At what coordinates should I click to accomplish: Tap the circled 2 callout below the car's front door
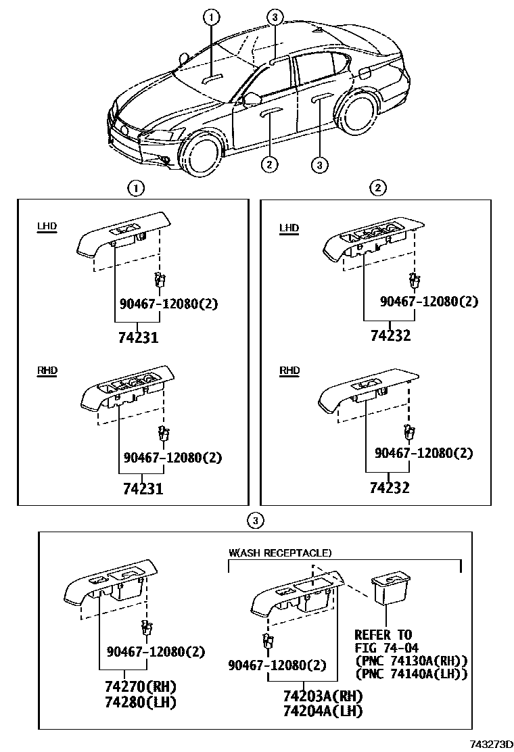coord(269,163)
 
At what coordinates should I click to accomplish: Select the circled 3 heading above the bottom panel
coord(254,520)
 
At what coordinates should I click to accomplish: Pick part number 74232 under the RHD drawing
coord(390,487)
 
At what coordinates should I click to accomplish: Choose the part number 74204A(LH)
coord(323,711)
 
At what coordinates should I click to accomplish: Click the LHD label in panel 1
coord(47,228)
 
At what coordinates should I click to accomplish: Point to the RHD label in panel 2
coord(289,371)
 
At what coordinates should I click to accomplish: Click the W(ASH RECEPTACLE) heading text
coord(280,553)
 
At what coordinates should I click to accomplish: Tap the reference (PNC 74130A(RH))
coord(411,661)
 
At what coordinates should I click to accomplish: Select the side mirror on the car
coord(252,99)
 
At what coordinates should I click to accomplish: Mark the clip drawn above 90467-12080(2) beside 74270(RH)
coord(145,627)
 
